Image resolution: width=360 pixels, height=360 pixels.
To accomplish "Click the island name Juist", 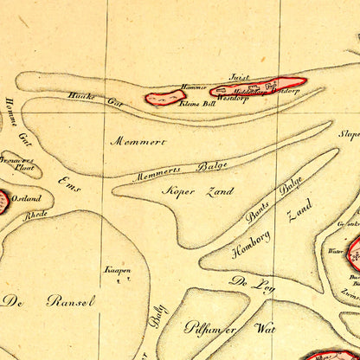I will point(239,77).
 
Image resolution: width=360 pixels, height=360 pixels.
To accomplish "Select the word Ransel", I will point(72,301).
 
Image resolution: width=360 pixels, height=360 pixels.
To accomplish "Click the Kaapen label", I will point(118,270).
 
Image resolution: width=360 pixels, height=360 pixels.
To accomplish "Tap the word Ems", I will point(67,184).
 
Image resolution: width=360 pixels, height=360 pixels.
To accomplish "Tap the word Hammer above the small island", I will point(194,87).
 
